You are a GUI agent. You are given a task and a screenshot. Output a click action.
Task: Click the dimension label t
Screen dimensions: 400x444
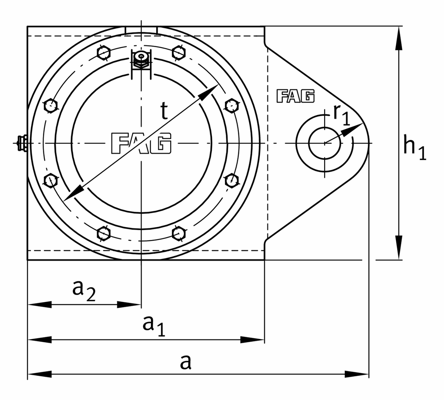164,111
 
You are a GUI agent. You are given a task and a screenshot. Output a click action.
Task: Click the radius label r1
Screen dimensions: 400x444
341,116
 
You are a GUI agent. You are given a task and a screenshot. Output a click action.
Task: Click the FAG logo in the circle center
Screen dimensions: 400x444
141,143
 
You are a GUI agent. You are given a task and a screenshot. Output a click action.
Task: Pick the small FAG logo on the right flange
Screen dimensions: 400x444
295,96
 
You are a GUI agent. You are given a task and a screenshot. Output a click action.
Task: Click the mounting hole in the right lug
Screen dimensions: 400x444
324,143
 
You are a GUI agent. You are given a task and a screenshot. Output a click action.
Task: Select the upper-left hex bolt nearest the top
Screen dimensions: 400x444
104,52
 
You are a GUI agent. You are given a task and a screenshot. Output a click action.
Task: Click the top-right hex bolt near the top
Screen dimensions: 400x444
179,52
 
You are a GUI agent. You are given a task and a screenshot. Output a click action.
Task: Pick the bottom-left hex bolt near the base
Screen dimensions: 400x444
104,233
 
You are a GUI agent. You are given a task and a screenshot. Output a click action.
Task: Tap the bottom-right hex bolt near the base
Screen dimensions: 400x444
179,233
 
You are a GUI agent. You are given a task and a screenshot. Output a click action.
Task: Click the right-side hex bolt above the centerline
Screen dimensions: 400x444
231,105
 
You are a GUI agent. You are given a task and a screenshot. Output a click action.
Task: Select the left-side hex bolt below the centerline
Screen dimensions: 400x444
50,180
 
